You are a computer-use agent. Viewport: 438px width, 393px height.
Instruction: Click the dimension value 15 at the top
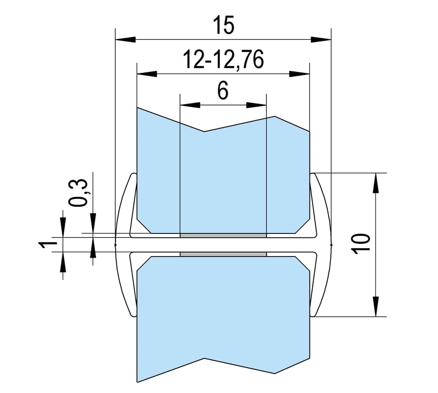[223, 25]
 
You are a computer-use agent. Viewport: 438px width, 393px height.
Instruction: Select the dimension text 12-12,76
[223, 60]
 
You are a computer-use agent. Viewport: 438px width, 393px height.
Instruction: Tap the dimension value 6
[223, 91]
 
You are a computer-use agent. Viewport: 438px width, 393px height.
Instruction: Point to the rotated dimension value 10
[361, 243]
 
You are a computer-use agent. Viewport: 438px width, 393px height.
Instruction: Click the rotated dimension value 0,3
[78, 193]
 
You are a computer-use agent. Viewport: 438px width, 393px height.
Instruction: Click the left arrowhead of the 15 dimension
[125, 39]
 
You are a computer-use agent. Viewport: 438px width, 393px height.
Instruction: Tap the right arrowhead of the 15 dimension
[321, 39]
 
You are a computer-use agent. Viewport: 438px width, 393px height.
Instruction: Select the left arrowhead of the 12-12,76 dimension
[147, 74]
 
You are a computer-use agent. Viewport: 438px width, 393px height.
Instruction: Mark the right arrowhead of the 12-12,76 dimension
[299, 74]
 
